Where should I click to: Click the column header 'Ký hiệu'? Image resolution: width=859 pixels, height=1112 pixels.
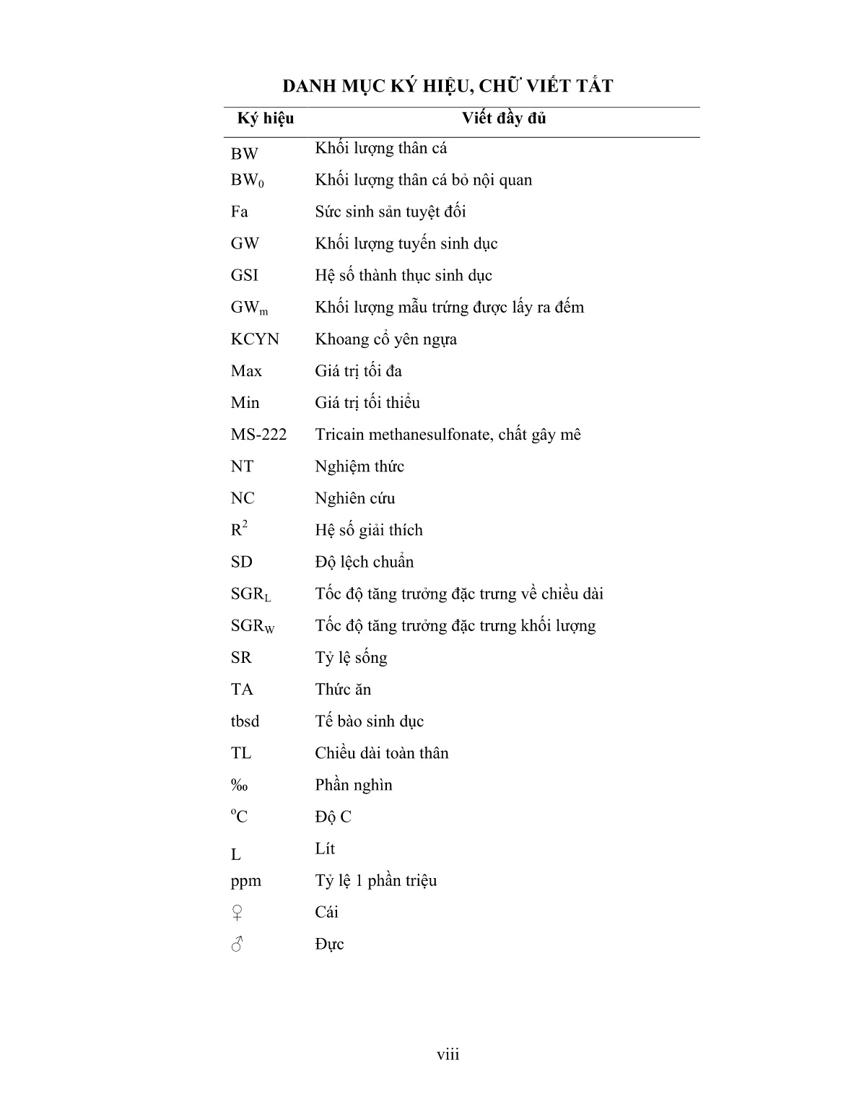pyautogui.click(x=265, y=118)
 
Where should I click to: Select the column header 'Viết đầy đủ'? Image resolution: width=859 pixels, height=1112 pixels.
pyautogui.click(x=504, y=118)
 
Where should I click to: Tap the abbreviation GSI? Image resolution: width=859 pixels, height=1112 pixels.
pyautogui.click(x=244, y=276)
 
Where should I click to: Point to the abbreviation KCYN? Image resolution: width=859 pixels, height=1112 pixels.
pyautogui.click(x=255, y=339)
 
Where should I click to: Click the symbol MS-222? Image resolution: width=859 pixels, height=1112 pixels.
pyautogui.click(x=258, y=435)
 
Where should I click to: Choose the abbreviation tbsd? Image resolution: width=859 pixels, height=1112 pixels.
pyautogui.click(x=245, y=721)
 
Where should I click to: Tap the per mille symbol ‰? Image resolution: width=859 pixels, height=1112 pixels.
pyautogui.click(x=239, y=786)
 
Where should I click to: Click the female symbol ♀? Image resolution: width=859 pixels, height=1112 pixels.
pyautogui.click(x=237, y=913)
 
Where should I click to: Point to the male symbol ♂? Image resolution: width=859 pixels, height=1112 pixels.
pyautogui.click(x=237, y=944)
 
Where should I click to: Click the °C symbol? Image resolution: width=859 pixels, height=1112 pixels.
pyautogui.click(x=239, y=817)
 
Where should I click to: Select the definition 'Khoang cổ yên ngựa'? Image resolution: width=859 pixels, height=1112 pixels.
pyautogui.click(x=385, y=339)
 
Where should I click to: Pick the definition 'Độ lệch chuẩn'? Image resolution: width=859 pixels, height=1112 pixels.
pyautogui.click(x=364, y=562)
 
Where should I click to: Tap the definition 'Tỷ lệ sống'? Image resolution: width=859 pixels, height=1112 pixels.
pyautogui.click(x=351, y=658)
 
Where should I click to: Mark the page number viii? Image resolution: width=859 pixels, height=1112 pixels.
pyautogui.click(x=448, y=1055)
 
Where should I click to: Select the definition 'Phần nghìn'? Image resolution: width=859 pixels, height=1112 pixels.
pyautogui.click(x=353, y=785)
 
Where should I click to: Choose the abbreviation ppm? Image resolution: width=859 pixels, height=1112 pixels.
pyautogui.click(x=245, y=882)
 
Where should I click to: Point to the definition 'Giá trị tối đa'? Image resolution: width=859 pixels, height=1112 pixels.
pyautogui.click(x=358, y=371)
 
